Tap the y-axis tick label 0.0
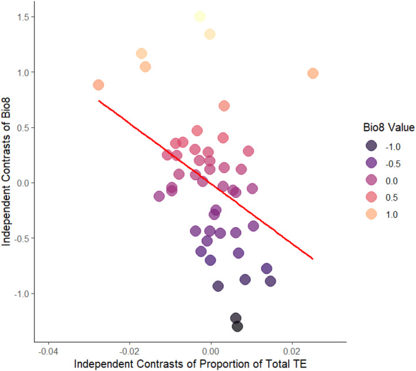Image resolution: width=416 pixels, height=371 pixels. coord(22,183)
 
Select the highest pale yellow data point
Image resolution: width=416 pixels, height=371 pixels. coord(200,16)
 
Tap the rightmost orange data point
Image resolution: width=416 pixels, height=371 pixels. coord(313,73)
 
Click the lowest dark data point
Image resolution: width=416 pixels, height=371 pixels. coord(238,326)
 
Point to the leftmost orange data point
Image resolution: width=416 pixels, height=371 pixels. coord(99,85)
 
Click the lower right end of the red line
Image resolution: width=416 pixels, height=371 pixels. coord(313,258)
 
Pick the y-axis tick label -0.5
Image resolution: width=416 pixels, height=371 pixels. coord(21,238)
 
